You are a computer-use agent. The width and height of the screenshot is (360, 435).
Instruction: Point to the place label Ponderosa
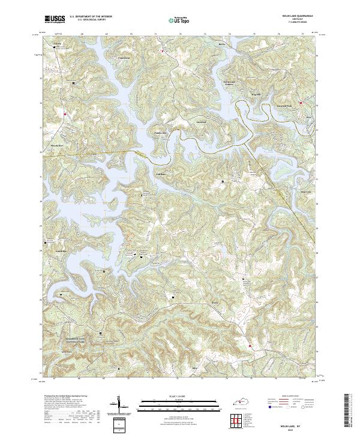[x=160, y=133]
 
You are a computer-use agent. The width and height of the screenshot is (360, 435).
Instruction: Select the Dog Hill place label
[x=256, y=94]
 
